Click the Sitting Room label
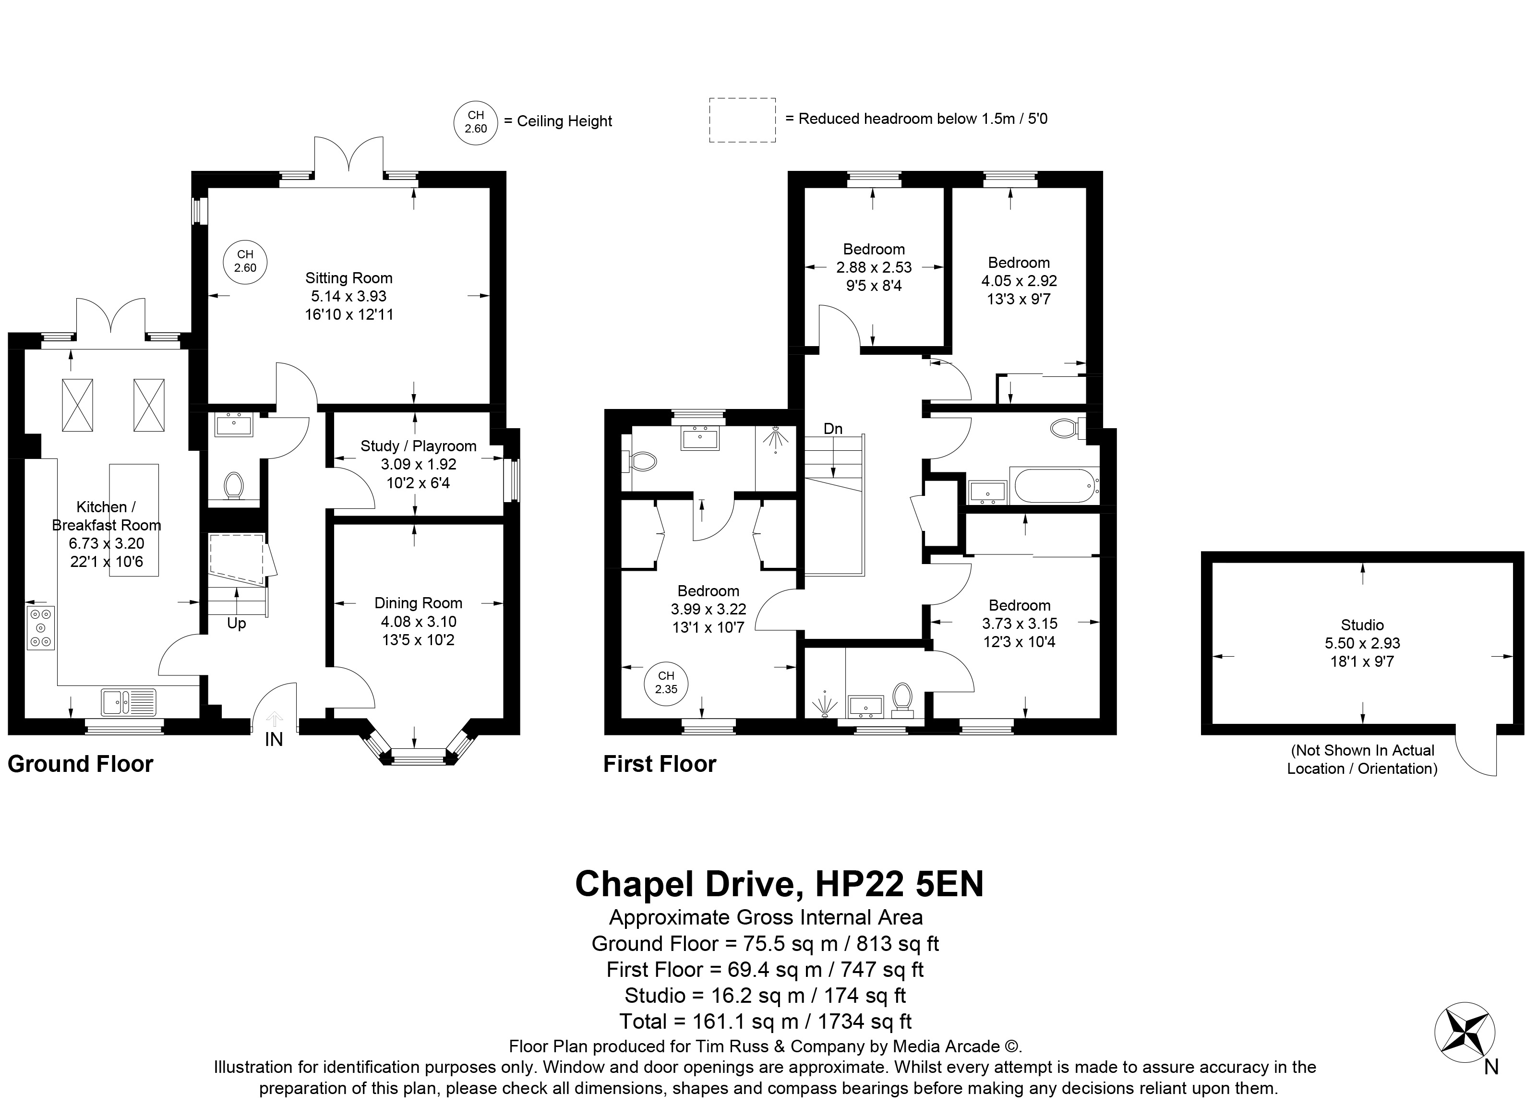tap(348, 278)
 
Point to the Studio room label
tap(1362, 625)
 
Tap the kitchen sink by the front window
tap(129, 702)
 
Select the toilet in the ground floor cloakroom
tap(234, 485)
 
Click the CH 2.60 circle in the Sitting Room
tap(245, 261)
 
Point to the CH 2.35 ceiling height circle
tap(666, 683)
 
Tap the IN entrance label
tap(274, 739)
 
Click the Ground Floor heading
tap(81, 764)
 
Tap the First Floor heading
tap(660, 764)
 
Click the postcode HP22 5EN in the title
tap(899, 884)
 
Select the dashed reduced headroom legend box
tap(742, 120)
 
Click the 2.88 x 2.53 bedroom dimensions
tap(874, 268)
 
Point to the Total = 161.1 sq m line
tap(765, 1022)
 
